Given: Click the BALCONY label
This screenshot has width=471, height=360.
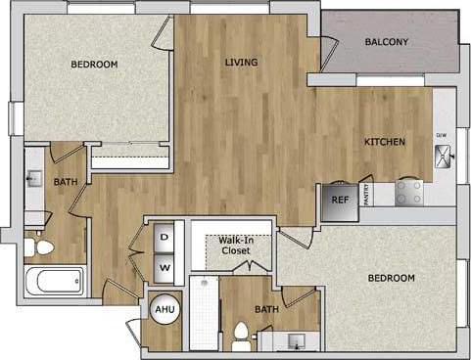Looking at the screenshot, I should tap(386, 42).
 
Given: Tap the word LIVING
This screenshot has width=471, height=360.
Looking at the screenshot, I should tap(241, 63).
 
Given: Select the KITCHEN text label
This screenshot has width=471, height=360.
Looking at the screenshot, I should tap(385, 142).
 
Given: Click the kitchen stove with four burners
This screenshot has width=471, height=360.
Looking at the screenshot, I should tap(409, 192).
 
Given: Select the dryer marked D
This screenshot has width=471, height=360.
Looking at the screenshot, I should tap(164, 237).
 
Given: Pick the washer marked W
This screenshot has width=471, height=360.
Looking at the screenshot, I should tap(164, 265).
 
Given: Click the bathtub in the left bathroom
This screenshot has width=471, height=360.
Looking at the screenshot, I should tap(54, 283).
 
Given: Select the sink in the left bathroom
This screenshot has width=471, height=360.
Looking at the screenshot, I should tap(35, 180).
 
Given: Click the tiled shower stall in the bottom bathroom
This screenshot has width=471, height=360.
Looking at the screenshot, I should tap(204, 313).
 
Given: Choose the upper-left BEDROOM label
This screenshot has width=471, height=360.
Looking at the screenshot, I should tap(94, 65).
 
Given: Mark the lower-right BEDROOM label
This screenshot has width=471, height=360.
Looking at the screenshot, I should tap(391, 278).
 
